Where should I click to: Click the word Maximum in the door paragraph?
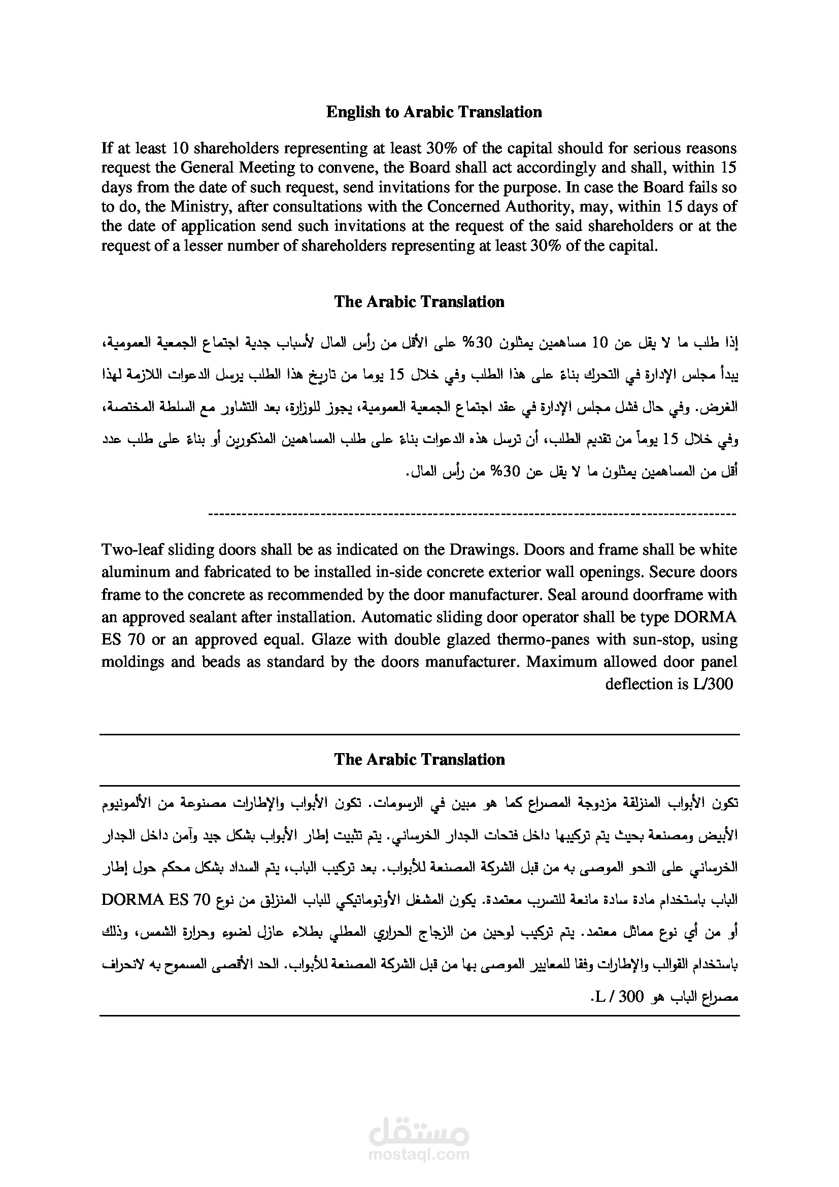click(x=558, y=662)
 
